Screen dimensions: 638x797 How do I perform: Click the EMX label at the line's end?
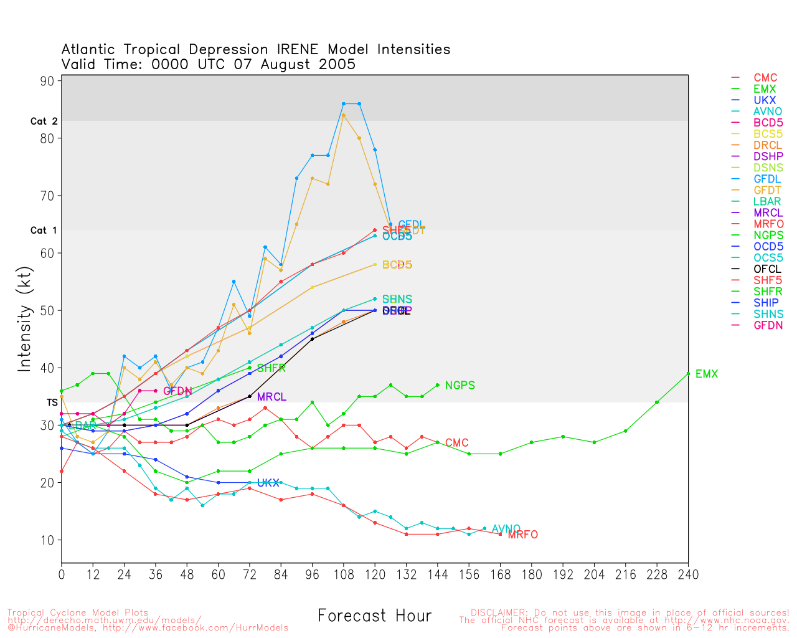[x=707, y=374]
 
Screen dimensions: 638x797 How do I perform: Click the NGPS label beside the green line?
[x=460, y=386]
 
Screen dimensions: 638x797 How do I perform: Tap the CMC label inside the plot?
[x=456, y=443]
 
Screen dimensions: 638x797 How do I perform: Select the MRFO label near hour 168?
[x=522, y=535]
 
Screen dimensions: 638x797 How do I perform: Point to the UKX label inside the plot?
[x=268, y=483]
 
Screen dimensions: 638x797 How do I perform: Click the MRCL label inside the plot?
[x=271, y=397]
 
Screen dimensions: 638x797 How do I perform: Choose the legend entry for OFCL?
[x=767, y=269]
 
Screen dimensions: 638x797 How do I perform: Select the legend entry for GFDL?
[x=767, y=179]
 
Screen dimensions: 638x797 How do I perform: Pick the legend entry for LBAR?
[x=767, y=201]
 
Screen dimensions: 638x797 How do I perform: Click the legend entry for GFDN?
[x=768, y=325]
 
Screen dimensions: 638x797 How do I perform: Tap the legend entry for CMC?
[x=765, y=78]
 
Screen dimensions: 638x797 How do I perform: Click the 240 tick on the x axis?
[x=688, y=574]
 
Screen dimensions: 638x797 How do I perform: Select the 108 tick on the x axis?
[x=344, y=574]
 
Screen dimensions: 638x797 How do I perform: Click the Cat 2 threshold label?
[x=44, y=121]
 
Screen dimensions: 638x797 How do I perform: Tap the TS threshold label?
[x=52, y=402]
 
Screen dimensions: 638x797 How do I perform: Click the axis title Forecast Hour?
[x=374, y=616]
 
